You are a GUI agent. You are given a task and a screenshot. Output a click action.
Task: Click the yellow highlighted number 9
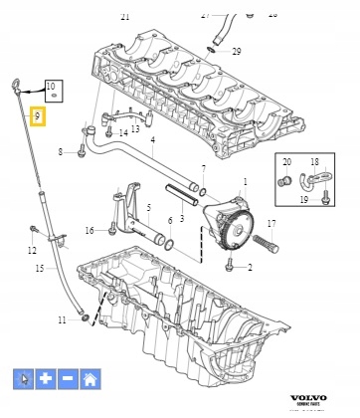(x=37, y=116)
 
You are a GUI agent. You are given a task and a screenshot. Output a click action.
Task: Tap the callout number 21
(x=124, y=17)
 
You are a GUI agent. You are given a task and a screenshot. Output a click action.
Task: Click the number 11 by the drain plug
(x=62, y=319)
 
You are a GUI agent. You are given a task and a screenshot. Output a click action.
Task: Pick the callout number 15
(x=39, y=269)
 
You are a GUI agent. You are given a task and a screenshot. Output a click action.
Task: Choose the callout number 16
(x=90, y=230)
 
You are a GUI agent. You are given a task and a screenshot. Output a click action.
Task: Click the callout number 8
(x=60, y=151)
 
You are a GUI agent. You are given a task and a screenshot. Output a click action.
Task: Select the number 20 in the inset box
(x=286, y=161)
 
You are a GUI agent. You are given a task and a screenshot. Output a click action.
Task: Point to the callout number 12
(x=32, y=250)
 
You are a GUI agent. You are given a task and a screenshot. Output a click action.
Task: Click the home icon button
(x=90, y=378)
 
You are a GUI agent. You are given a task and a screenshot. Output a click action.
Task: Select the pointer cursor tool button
(x=24, y=378)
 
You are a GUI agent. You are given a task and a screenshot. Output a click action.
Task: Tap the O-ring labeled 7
(x=202, y=191)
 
